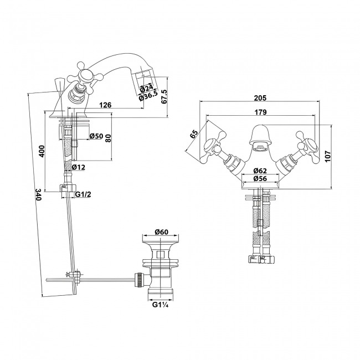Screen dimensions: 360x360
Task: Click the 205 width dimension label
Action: (x=260, y=98)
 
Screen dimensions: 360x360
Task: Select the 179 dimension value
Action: (x=260, y=112)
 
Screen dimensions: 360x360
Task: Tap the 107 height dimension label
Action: (x=327, y=156)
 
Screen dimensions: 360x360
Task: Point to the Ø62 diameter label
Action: (x=260, y=171)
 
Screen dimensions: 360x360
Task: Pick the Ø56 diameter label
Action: (x=260, y=178)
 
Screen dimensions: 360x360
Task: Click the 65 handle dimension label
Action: (x=194, y=133)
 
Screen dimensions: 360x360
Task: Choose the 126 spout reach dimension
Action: (x=105, y=105)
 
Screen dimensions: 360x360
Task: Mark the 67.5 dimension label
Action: (x=164, y=97)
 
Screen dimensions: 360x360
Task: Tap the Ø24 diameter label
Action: (x=146, y=88)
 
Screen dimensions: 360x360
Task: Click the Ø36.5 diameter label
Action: (x=148, y=95)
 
